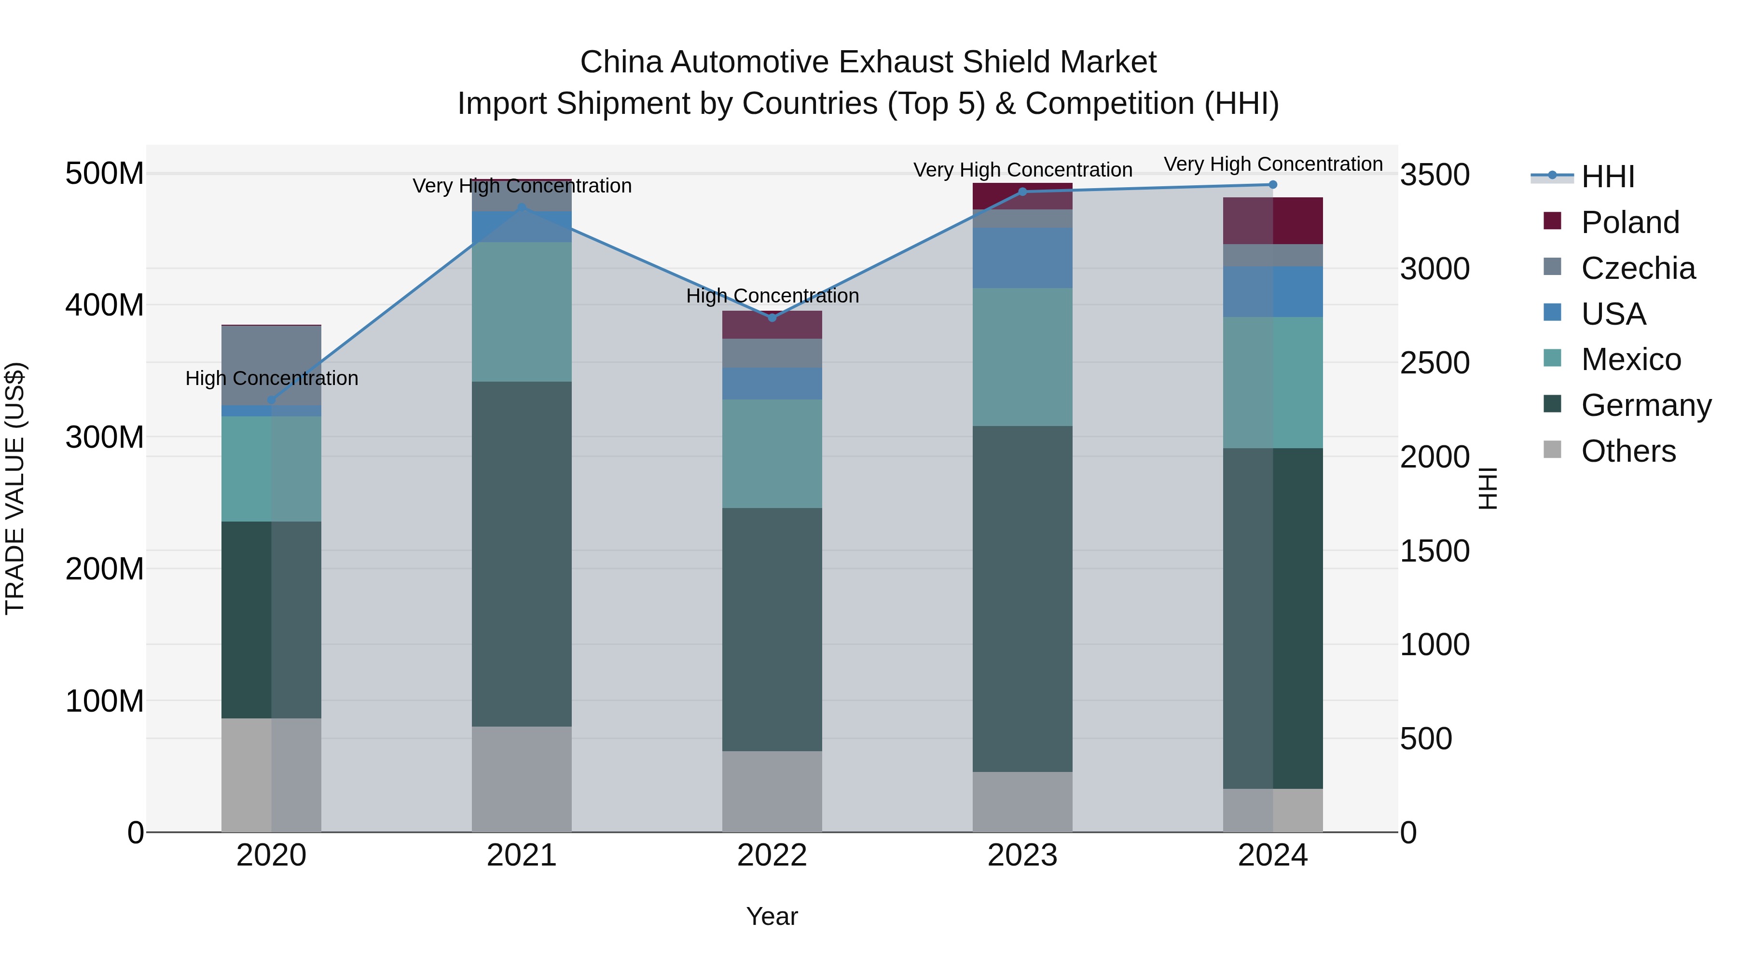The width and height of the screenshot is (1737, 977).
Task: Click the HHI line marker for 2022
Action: tap(772, 317)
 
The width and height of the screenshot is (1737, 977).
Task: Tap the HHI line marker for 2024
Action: tap(1272, 185)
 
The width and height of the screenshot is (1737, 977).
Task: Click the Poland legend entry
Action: tap(1629, 222)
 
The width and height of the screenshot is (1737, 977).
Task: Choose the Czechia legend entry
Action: tap(1637, 268)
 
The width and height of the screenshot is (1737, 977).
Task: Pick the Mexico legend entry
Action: tap(1630, 359)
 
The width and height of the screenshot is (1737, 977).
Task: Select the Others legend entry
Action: tap(1628, 451)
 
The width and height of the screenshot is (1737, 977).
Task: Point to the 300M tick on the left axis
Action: tap(105, 437)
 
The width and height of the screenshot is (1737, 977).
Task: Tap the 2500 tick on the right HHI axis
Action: tap(1435, 363)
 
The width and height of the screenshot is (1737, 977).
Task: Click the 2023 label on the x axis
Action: tap(1022, 855)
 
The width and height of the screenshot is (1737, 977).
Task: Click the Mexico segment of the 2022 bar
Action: tap(772, 453)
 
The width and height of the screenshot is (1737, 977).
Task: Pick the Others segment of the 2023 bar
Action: tap(1022, 801)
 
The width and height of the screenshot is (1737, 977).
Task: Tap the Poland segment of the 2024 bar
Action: tap(1272, 220)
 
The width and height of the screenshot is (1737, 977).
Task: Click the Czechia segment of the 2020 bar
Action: tap(272, 365)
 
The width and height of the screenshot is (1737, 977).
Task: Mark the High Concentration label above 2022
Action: tap(772, 296)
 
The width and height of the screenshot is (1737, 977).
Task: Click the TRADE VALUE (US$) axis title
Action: tap(15, 488)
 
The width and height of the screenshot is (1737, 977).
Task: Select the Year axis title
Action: tap(772, 916)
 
